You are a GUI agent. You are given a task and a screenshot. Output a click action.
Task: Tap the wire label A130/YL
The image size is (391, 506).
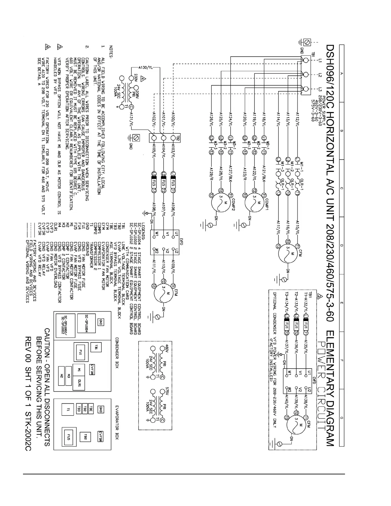pos(146,68)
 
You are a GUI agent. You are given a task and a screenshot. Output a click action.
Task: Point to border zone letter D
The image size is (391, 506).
pos(341,245)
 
